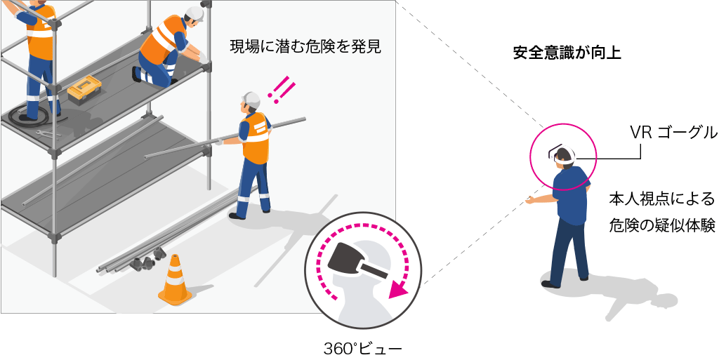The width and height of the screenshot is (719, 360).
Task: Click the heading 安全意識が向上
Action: point(567,53)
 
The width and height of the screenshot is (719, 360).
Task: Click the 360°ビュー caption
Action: point(362,349)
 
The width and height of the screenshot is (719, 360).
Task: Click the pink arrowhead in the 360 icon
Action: point(399,289)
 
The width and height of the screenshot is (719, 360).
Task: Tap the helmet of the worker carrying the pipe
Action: point(251,100)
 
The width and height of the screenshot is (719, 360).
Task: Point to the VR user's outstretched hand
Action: point(532,200)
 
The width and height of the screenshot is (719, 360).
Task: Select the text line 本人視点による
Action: point(661,199)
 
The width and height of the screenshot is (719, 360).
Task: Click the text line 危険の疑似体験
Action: point(661,225)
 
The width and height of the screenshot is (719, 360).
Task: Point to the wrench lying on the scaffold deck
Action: point(47,133)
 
